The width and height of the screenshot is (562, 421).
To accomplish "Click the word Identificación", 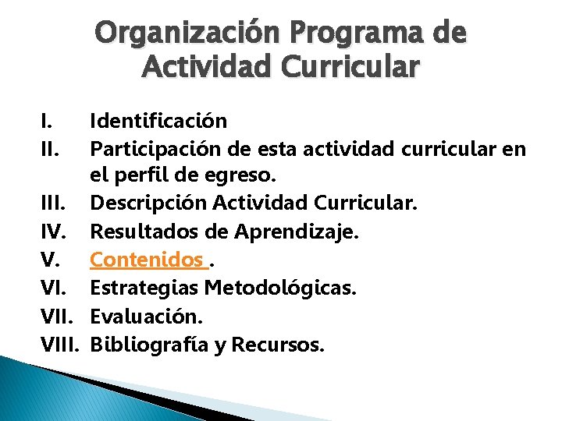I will coord(159,121).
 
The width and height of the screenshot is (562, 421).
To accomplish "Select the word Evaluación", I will coord(146,316).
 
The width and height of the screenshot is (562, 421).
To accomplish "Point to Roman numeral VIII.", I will coord(61,344).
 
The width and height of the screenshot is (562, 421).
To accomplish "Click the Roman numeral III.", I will coord(53,203).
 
